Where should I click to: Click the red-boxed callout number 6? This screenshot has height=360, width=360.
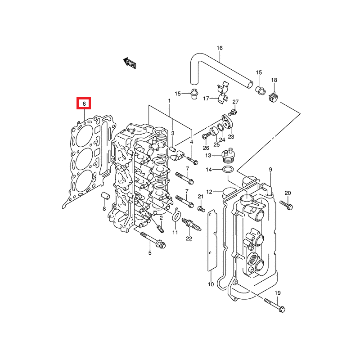[84, 104]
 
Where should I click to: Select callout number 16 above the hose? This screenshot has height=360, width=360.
[220, 48]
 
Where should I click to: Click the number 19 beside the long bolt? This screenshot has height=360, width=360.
[277, 293]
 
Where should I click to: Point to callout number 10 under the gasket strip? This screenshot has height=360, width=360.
[210, 284]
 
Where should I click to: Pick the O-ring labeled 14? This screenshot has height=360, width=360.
[229, 170]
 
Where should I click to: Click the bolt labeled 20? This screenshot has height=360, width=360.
[286, 205]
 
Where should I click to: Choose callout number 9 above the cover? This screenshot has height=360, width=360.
[270, 169]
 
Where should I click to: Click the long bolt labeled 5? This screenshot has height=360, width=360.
[153, 239]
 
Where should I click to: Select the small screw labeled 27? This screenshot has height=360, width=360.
[233, 110]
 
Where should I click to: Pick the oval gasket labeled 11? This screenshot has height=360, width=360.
[175, 218]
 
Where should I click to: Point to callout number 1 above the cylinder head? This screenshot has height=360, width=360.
[170, 101]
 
